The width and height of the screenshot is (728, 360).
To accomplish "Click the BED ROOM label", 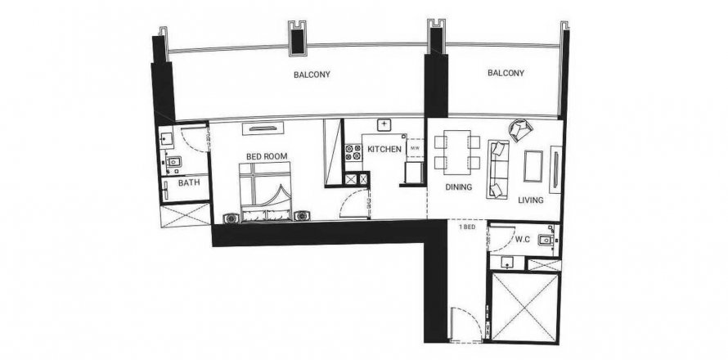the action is pos(267,156).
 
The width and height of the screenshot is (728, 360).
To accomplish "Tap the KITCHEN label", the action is pos(384,149).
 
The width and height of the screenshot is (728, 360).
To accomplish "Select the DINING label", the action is pos(459,187).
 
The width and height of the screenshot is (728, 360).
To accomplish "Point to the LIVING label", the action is pos(531,200).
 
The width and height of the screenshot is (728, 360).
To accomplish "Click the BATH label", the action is pos(189,182).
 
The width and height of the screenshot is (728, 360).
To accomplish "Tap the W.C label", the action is pos(523,241).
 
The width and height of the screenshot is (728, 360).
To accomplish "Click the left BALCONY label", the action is pos(312,74).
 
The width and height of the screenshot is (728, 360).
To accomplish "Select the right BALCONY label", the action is pos(506,73).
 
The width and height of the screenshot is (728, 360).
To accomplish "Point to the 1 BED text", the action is pos(467,227).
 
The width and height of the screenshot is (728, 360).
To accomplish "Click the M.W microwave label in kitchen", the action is pos(415,149).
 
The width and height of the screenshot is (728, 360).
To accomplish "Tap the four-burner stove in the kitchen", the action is pos(353,153).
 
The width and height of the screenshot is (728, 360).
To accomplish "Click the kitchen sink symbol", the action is pos(384,124).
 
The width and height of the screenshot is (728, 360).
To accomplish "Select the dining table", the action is pos(457,152).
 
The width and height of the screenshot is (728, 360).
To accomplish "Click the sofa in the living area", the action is pos(498,169).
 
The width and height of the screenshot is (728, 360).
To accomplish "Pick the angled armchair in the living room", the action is pos(520,129).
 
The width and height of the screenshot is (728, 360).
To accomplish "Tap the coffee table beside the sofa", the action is pos(533,166).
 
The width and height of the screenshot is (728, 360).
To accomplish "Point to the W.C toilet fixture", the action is pos(545,241).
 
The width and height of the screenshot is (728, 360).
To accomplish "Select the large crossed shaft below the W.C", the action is pos(524,308).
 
